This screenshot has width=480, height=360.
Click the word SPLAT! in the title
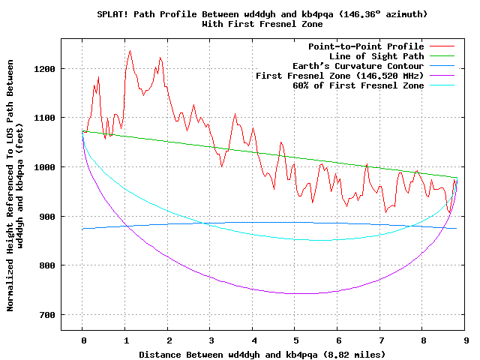tap(114, 14)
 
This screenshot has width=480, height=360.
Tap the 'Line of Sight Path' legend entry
tap(372, 56)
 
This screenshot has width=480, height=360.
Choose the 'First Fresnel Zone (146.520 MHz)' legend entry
tap(340, 76)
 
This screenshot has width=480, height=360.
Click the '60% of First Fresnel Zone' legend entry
tap(358, 85)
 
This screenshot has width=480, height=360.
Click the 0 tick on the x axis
tap(83, 340)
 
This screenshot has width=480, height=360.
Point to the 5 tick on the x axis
tap(296, 340)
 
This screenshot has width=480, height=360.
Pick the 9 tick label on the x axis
tap(466, 340)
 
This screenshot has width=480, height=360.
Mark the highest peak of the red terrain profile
tap(130, 51)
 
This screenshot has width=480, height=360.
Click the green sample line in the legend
tap(442, 56)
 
